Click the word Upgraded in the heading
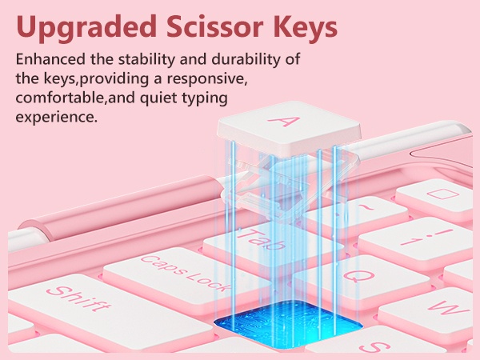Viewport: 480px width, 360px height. click(x=86, y=27)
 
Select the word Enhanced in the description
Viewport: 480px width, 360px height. click(x=50, y=59)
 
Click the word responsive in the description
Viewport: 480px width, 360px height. click(x=206, y=79)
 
